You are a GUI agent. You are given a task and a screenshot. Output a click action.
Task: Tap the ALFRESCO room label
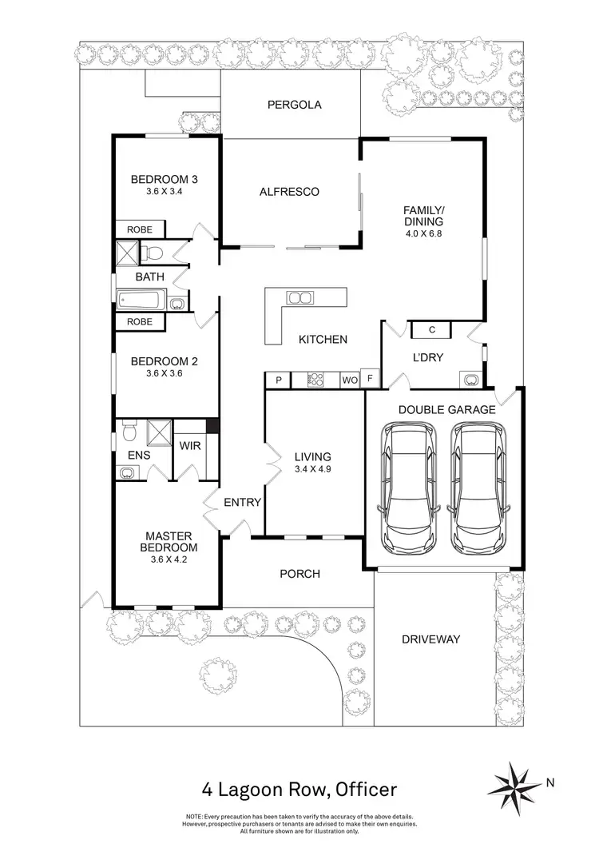(x=289, y=192)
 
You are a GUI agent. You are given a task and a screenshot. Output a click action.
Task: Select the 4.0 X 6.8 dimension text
(x=422, y=234)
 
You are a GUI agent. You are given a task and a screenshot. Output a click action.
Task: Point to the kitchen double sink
(x=301, y=298)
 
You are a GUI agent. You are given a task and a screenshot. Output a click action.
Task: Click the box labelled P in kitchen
(x=278, y=380)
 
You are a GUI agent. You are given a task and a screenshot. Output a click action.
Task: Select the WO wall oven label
(x=350, y=380)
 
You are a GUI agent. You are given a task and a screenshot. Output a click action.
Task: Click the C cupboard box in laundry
(x=431, y=329)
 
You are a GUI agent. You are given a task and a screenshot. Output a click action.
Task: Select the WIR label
(x=190, y=446)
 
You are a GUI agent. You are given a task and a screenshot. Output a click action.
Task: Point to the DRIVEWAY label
(x=431, y=639)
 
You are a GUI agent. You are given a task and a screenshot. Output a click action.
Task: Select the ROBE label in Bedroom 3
(x=140, y=229)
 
